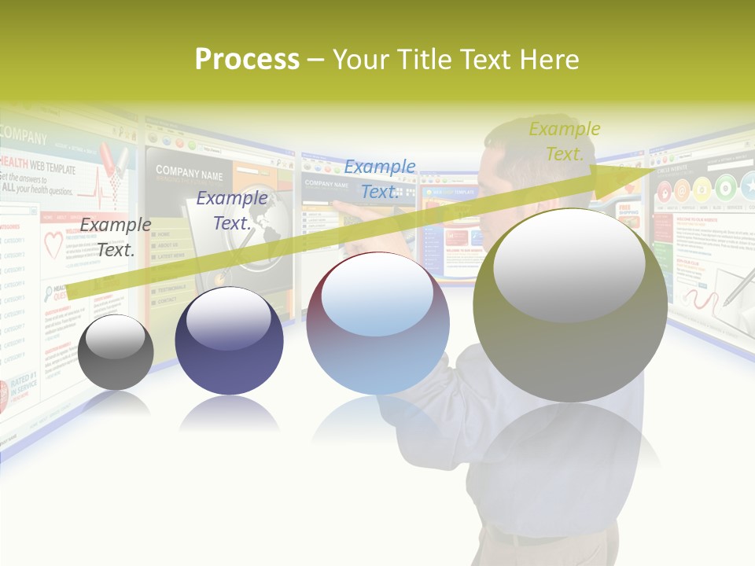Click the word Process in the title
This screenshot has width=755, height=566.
click(247, 60)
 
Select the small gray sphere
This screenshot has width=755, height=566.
click(116, 351)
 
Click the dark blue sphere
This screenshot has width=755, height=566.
click(229, 340)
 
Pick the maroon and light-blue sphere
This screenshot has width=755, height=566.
click(377, 323)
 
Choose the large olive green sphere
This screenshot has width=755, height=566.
click(570, 300)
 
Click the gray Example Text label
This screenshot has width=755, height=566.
click(115, 237)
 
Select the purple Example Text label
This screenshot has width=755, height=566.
click(231, 211)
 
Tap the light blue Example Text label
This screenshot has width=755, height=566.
click(379, 178)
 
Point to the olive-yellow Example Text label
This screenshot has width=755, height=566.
click(565, 141)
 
